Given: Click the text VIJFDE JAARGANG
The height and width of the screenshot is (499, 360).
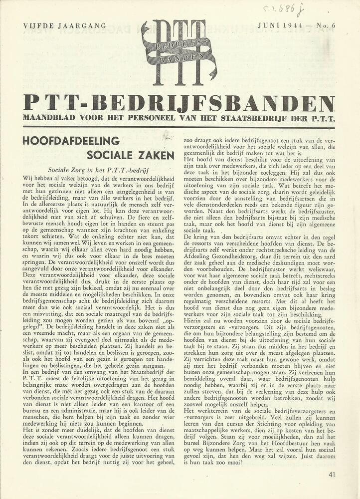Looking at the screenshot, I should (64, 25).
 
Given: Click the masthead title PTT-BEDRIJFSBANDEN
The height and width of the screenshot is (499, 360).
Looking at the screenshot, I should (179, 103).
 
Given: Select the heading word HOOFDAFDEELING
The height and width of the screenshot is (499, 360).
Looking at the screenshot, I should (71, 141).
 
